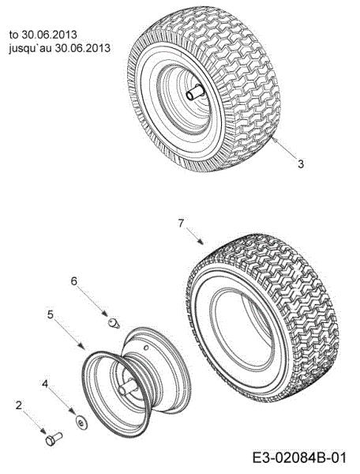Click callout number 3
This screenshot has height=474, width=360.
coord(301,164)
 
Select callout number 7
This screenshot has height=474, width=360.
coord(181,224)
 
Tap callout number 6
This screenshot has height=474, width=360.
coord(74,281)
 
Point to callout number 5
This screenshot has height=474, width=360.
coord(51,314)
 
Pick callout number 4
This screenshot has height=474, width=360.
coord(45,384)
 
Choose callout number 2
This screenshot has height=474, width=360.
coord(19,405)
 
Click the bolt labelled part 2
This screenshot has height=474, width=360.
coord(54,438)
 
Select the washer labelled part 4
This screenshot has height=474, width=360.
coord(81,422)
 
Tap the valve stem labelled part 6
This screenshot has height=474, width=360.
coord(114,323)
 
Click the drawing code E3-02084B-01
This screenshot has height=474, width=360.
coord(299,458)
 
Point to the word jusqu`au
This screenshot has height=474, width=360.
coord(30,48)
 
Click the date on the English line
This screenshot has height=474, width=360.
coord(49,35)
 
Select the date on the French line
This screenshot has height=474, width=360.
coord(82,48)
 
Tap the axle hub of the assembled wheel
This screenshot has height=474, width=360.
coord(194,92)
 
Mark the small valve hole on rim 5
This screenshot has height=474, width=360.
coord(146,348)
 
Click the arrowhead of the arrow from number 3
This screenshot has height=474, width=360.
coord(274,139)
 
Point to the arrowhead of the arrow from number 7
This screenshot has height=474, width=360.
coord(201,242)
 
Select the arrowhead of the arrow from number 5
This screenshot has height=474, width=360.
coord(81,346)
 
